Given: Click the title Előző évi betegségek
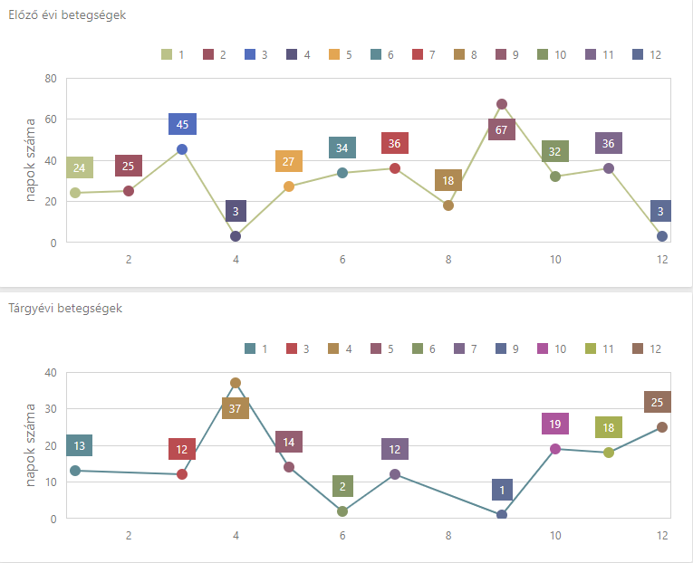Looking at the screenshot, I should tap(68, 15).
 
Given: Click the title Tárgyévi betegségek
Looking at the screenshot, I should tap(65, 309).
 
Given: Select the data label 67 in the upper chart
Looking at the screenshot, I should tap(502, 129).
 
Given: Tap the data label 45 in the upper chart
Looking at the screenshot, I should tap(182, 124).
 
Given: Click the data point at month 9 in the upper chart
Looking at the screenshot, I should tap(502, 104).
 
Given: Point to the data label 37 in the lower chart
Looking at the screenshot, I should tap(236, 408).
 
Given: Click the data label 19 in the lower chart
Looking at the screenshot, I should tap(555, 424).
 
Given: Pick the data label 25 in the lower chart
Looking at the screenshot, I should tap(658, 402).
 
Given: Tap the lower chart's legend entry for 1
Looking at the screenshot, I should tap(257, 348).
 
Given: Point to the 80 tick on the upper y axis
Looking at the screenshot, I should tap(51, 78).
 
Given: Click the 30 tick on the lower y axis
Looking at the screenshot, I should tap(51, 408).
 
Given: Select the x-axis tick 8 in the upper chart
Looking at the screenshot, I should tap(448, 260).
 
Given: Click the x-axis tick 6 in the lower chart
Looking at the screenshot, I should tap(342, 535).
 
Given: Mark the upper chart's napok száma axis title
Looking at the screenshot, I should tap(30, 161).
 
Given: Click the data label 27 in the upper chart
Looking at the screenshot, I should tap(289, 162).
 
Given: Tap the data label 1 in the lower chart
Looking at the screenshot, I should tap(502, 490).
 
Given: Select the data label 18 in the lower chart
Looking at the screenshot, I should tap(609, 427).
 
